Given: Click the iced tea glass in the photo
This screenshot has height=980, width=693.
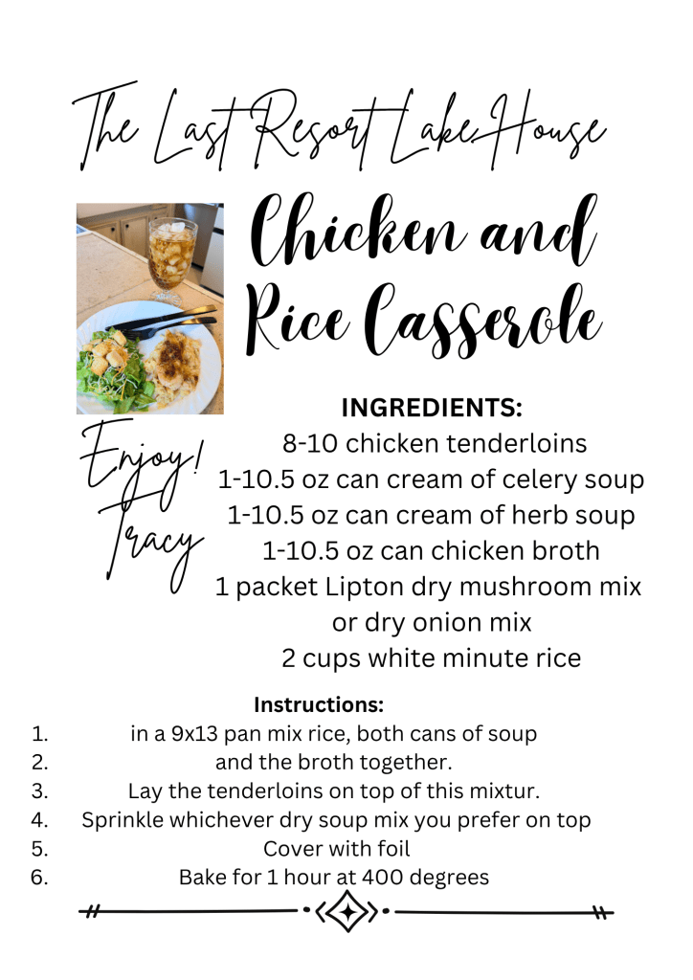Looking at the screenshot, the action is click(171, 259).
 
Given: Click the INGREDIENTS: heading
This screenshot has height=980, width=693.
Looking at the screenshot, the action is click(432, 408).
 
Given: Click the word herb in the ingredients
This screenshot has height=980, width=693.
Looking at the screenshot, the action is click(540, 515).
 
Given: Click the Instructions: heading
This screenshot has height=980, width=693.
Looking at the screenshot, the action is click(319, 705).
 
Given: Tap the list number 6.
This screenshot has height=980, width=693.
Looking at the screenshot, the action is click(39, 878).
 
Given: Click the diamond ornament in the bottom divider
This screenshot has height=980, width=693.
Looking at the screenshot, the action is click(348, 912).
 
